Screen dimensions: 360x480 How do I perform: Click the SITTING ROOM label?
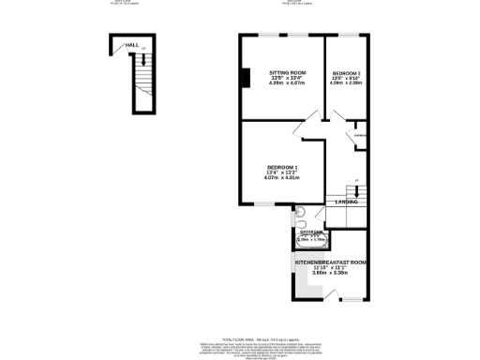[287, 72]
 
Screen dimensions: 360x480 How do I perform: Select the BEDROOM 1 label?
[281, 167]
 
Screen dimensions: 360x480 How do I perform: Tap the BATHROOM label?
[310, 232]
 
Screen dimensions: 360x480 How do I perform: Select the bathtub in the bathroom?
[310, 240]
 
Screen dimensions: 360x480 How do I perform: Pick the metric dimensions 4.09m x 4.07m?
[287, 83]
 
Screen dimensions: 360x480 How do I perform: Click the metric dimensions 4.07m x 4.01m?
[281, 178]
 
